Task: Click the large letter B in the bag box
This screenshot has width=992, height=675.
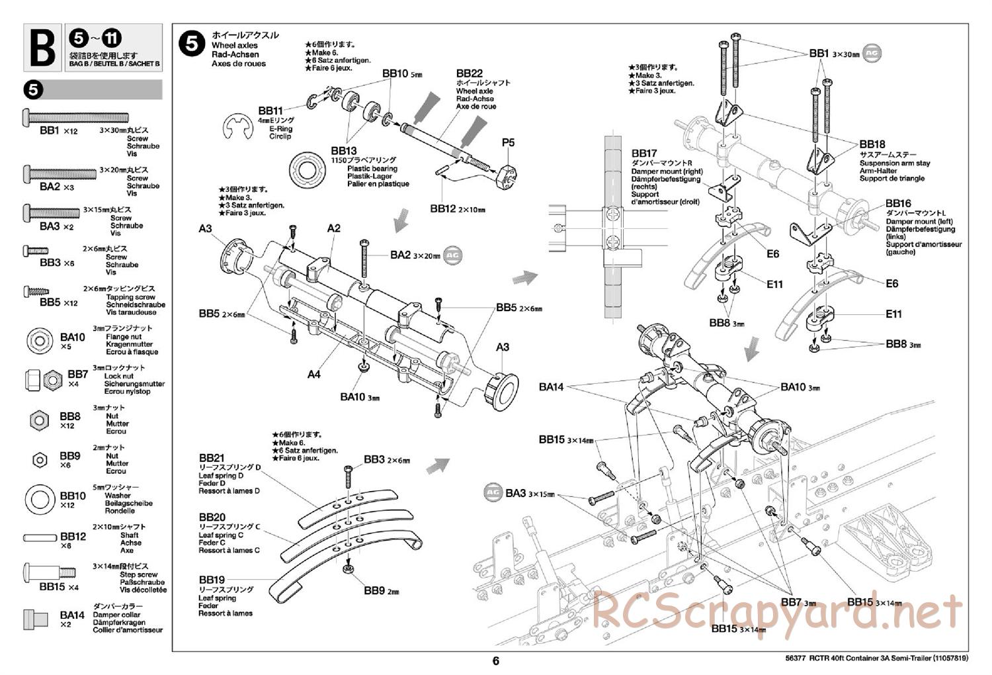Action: (x=43, y=48)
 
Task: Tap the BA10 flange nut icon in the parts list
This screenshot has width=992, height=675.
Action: (x=40, y=341)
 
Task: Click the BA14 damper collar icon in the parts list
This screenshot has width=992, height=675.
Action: (x=37, y=619)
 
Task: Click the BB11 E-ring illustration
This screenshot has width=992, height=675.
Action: (x=237, y=128)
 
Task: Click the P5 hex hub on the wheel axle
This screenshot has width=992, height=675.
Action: (x=507, y=175)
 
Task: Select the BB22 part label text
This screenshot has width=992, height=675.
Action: (x=469, y=73)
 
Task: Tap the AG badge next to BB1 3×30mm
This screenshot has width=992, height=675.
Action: (x=873, y=54)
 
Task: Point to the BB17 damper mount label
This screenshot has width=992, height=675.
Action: (x=644, y=153)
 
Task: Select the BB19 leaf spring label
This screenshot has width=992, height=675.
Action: (x=212, y=580)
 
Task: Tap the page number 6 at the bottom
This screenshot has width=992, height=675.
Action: (x=495, y=660)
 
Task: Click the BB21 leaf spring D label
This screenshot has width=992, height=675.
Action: (x=212, y=458)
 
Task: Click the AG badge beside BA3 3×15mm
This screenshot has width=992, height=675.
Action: (x=492, y=492)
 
